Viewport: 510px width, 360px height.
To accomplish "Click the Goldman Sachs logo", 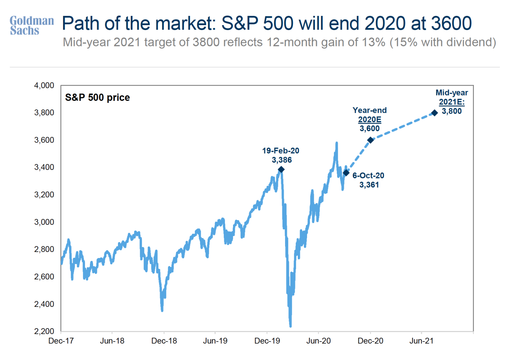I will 32,25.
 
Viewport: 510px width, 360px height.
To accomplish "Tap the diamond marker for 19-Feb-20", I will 281,170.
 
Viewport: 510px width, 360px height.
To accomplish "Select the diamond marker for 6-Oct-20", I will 346,173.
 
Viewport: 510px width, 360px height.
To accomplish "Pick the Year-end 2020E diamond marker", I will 370,140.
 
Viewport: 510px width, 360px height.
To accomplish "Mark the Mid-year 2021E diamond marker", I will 435,113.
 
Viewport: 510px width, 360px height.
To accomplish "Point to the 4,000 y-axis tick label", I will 44,86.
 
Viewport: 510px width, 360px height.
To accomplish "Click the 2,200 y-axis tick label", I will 44,331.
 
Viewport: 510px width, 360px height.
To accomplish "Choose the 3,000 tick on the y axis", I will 44,222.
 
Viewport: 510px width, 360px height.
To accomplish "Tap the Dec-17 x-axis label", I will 61,341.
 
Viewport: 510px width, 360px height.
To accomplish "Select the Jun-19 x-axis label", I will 215,341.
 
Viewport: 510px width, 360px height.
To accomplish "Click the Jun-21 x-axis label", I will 421,341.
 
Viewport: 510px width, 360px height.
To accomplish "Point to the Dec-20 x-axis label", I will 370,341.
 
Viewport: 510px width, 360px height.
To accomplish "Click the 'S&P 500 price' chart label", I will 97,98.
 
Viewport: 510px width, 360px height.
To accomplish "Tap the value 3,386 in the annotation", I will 282,160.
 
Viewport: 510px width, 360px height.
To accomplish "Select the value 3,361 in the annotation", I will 369,185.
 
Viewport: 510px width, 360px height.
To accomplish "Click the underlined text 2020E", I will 369,120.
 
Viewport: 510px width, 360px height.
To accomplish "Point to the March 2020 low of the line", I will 290,326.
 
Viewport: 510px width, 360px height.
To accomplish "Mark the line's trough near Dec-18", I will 162,310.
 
